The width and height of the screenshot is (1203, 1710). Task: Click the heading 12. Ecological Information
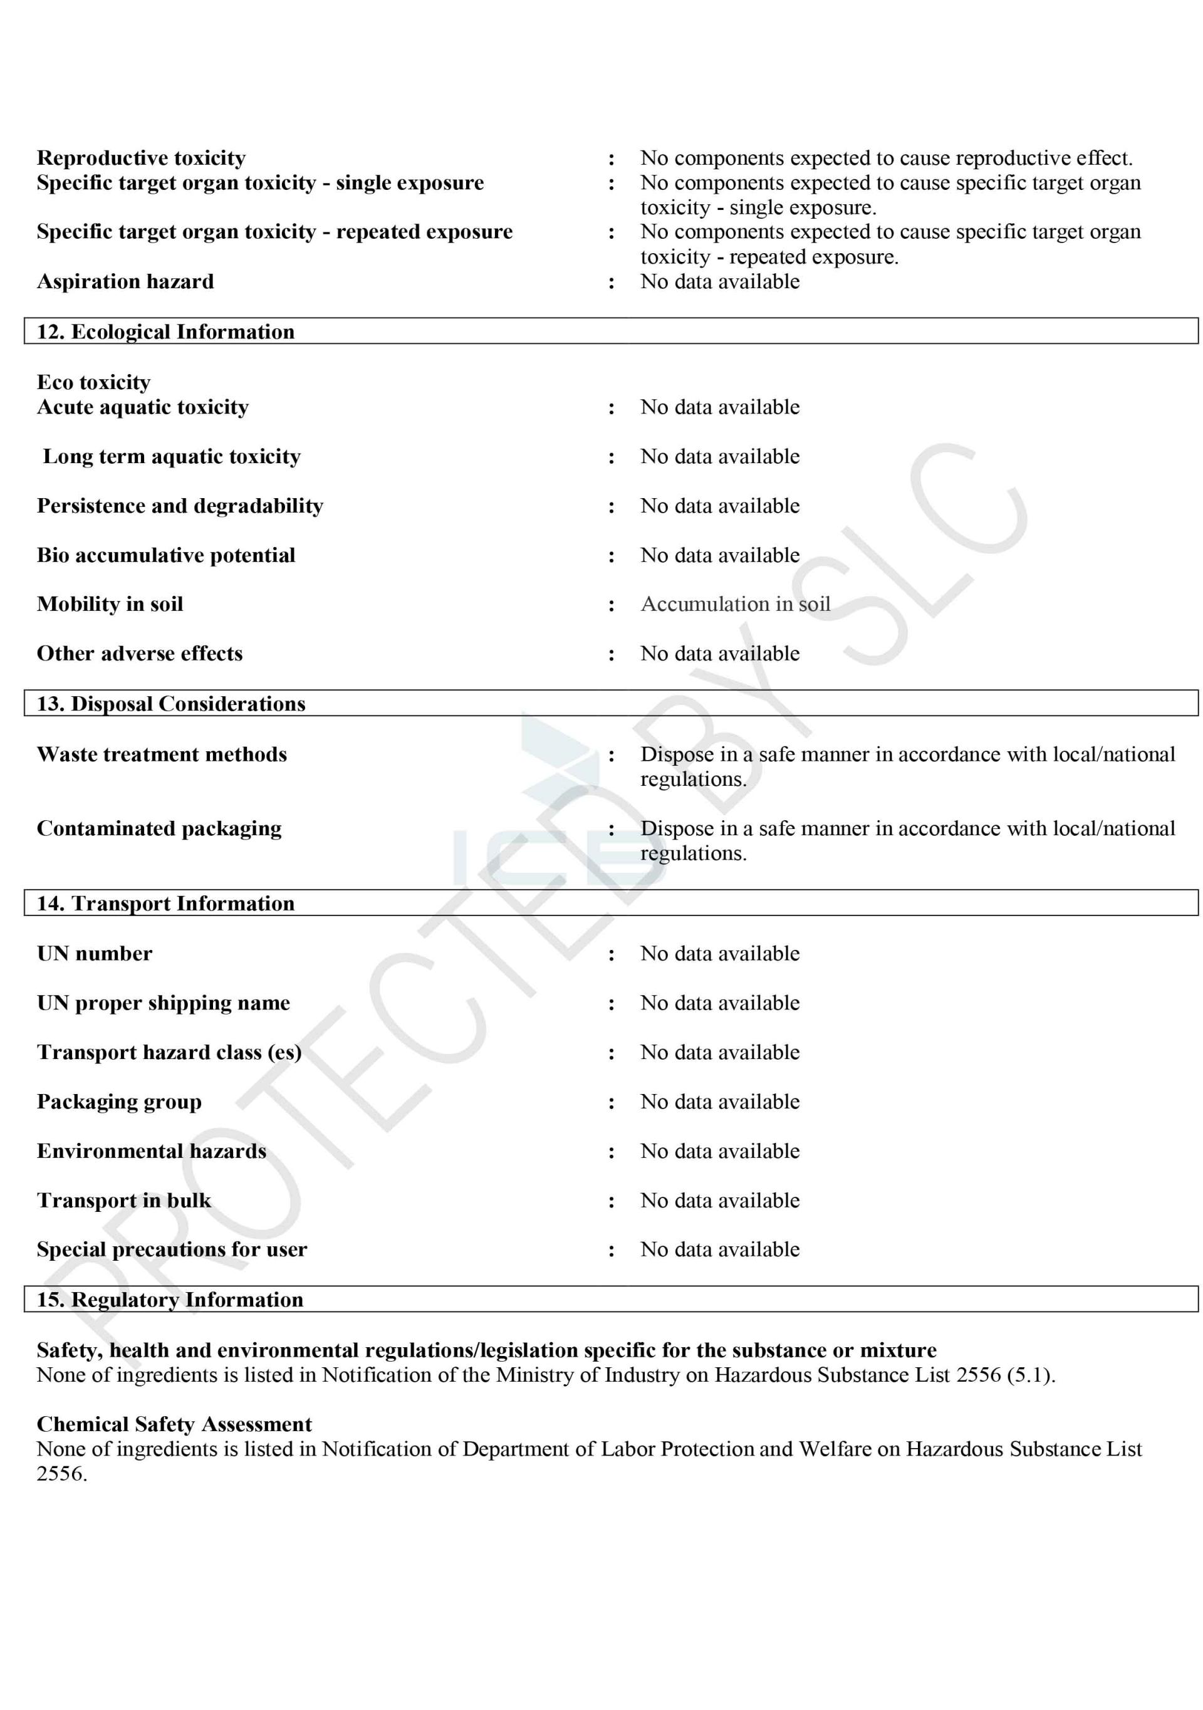165,331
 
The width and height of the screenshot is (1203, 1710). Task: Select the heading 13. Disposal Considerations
170,704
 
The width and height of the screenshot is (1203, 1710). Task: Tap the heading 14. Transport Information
165,904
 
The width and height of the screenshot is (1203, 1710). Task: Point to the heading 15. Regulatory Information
170,1300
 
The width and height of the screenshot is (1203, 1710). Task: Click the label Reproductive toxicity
141,158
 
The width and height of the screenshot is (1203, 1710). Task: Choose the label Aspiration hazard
125,281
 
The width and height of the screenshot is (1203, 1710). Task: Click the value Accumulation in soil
735,604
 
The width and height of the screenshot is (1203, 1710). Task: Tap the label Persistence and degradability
180,506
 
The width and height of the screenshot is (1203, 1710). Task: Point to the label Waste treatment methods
162,754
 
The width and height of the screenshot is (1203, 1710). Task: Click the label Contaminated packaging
159,828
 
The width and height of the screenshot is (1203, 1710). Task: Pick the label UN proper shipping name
163,1003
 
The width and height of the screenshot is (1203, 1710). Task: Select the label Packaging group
119,1102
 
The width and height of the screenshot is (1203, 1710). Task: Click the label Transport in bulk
123,1201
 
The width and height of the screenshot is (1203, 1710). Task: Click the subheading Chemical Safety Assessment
174,1424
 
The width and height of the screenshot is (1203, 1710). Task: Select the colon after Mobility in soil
612,605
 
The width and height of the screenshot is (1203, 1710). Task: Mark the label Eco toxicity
94,382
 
